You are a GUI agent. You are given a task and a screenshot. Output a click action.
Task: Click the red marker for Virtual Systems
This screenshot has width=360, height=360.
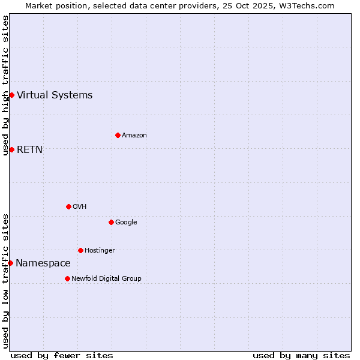(x=11, y=95)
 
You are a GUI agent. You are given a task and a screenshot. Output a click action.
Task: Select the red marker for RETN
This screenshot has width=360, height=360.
(x=11, y=149)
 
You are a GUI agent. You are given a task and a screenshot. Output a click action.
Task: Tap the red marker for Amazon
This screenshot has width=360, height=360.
(x=118, y=135)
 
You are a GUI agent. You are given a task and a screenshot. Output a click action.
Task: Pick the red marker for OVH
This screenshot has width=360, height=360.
(x=68, y=206)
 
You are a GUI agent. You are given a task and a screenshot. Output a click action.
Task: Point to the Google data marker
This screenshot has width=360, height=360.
(x=111, y=222)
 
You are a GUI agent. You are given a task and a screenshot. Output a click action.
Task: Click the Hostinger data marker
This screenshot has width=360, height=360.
(x=80, y=250)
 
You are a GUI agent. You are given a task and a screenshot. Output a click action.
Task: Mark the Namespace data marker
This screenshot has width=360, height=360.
(x=10, y=263)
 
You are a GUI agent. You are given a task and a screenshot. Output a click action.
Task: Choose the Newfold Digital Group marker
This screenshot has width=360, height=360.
(x=67, y=278)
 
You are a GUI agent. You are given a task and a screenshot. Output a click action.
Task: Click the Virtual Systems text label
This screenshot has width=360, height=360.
(x=55, y=95)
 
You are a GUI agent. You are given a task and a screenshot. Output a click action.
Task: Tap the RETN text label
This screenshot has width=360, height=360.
(x=29, y=149)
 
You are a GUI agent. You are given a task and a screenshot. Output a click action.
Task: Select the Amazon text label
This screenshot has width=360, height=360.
(x=134, y=135)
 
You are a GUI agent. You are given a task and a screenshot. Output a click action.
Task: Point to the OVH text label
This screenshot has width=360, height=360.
(x=80, y=206)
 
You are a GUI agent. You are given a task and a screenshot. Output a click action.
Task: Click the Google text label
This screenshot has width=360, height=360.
(x=126, y=222)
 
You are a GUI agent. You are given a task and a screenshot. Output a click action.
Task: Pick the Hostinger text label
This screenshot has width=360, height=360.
(x=100, y=250)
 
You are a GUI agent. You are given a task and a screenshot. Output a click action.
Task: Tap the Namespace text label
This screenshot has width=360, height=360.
(x=43, y=263)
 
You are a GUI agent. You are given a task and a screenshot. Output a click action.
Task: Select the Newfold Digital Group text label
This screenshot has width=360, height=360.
(x=106, y=278)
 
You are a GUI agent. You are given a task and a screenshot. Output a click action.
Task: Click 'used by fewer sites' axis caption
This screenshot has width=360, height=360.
(x=62, y=355)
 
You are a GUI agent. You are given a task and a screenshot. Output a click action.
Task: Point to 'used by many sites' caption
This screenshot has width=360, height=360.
(x=301, y=355)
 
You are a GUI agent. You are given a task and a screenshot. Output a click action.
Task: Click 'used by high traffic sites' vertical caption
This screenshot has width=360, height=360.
(x=5, y=85)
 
